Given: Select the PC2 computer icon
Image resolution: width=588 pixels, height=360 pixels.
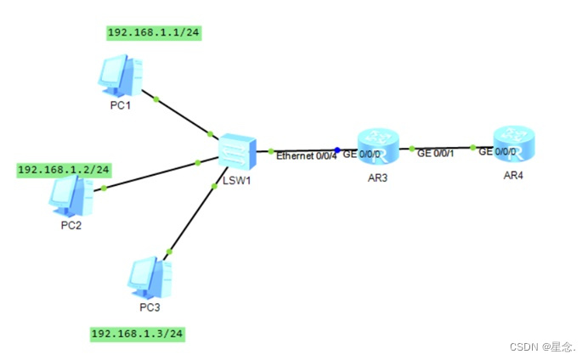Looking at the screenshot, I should click(67, 197).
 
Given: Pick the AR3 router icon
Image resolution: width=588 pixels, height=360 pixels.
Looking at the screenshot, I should click(378, 146).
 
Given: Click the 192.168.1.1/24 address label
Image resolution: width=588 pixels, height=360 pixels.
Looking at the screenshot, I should click(153, 33).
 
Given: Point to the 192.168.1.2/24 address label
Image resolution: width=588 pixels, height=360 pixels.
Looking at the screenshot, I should click(64, 170).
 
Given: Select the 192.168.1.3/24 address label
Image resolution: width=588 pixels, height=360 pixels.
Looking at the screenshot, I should click(137, 333).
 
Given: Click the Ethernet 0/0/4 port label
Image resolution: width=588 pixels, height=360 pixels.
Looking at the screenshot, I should click(307, 155).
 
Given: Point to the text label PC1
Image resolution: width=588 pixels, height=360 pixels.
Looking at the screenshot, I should click(120, 105).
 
